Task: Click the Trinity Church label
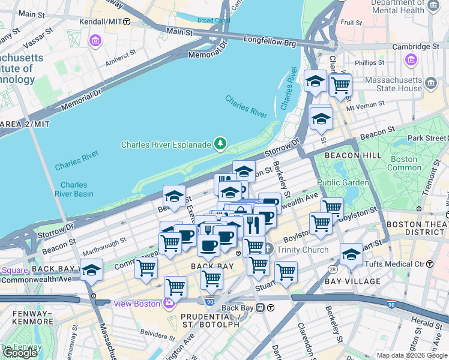pyautogui.click(x=302, y=250)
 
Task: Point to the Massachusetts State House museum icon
pyautogui.click(x=430, y=82)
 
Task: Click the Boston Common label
pyautogui.click(x=403, y=163)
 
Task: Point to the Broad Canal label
pyautogui.click(x=213, y=20)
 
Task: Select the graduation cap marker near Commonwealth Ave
pyautogui.click(x=92, y=270)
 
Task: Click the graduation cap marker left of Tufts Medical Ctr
pyautogui.click(x=351, y=254)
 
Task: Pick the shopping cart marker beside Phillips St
pyautogui.click(x=340, y=85)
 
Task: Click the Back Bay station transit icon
pyautogui.click(x=261, y=307)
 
